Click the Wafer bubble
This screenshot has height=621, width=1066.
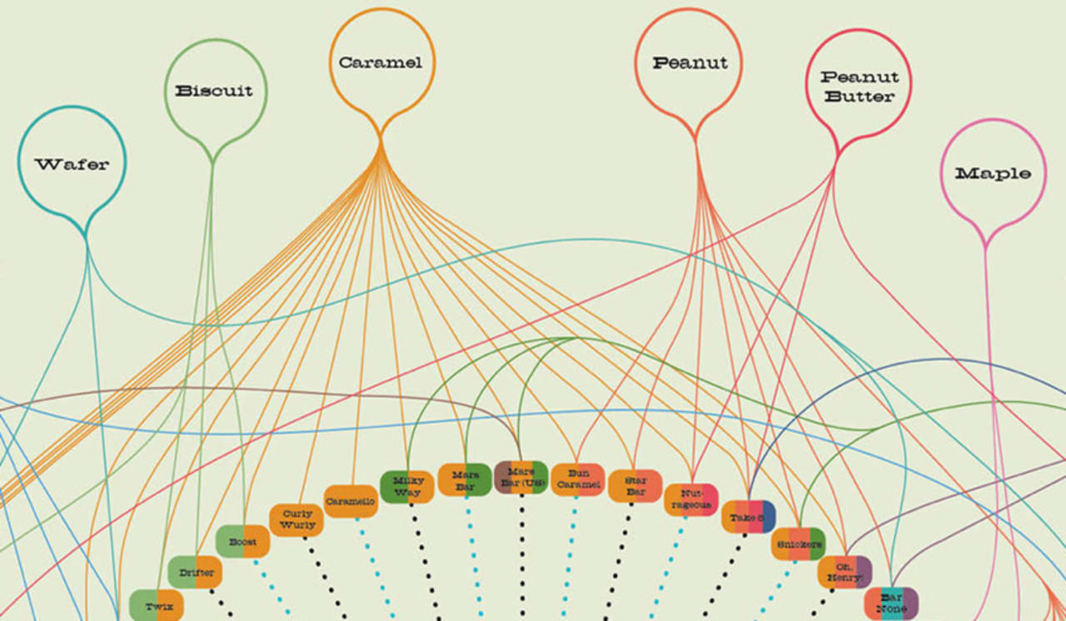(72, 164)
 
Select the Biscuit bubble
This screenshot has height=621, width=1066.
(214, 91)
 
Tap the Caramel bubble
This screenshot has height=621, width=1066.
(381, 62)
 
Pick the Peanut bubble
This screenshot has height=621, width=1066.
(690, 62)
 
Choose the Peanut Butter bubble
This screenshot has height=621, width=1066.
(858, 86)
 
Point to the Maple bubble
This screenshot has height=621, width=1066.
(993, 173)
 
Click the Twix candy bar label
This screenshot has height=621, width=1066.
(157, 605)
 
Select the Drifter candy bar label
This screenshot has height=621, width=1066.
(197, 573)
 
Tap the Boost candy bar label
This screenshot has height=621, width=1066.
(243, 542)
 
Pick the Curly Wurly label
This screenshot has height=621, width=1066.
(297, 519)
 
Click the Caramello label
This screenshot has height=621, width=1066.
(351, 501)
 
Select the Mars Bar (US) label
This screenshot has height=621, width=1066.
(521, 477)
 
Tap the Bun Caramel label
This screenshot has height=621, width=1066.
(577, 479)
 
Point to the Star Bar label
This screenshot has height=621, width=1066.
(635, 486)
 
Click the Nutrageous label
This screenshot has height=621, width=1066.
(690, 499)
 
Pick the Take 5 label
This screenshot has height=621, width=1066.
(748, 517)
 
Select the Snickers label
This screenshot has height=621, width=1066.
(798, 544)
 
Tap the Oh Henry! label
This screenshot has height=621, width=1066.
(844, 572)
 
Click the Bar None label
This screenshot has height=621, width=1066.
(891, 604)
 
